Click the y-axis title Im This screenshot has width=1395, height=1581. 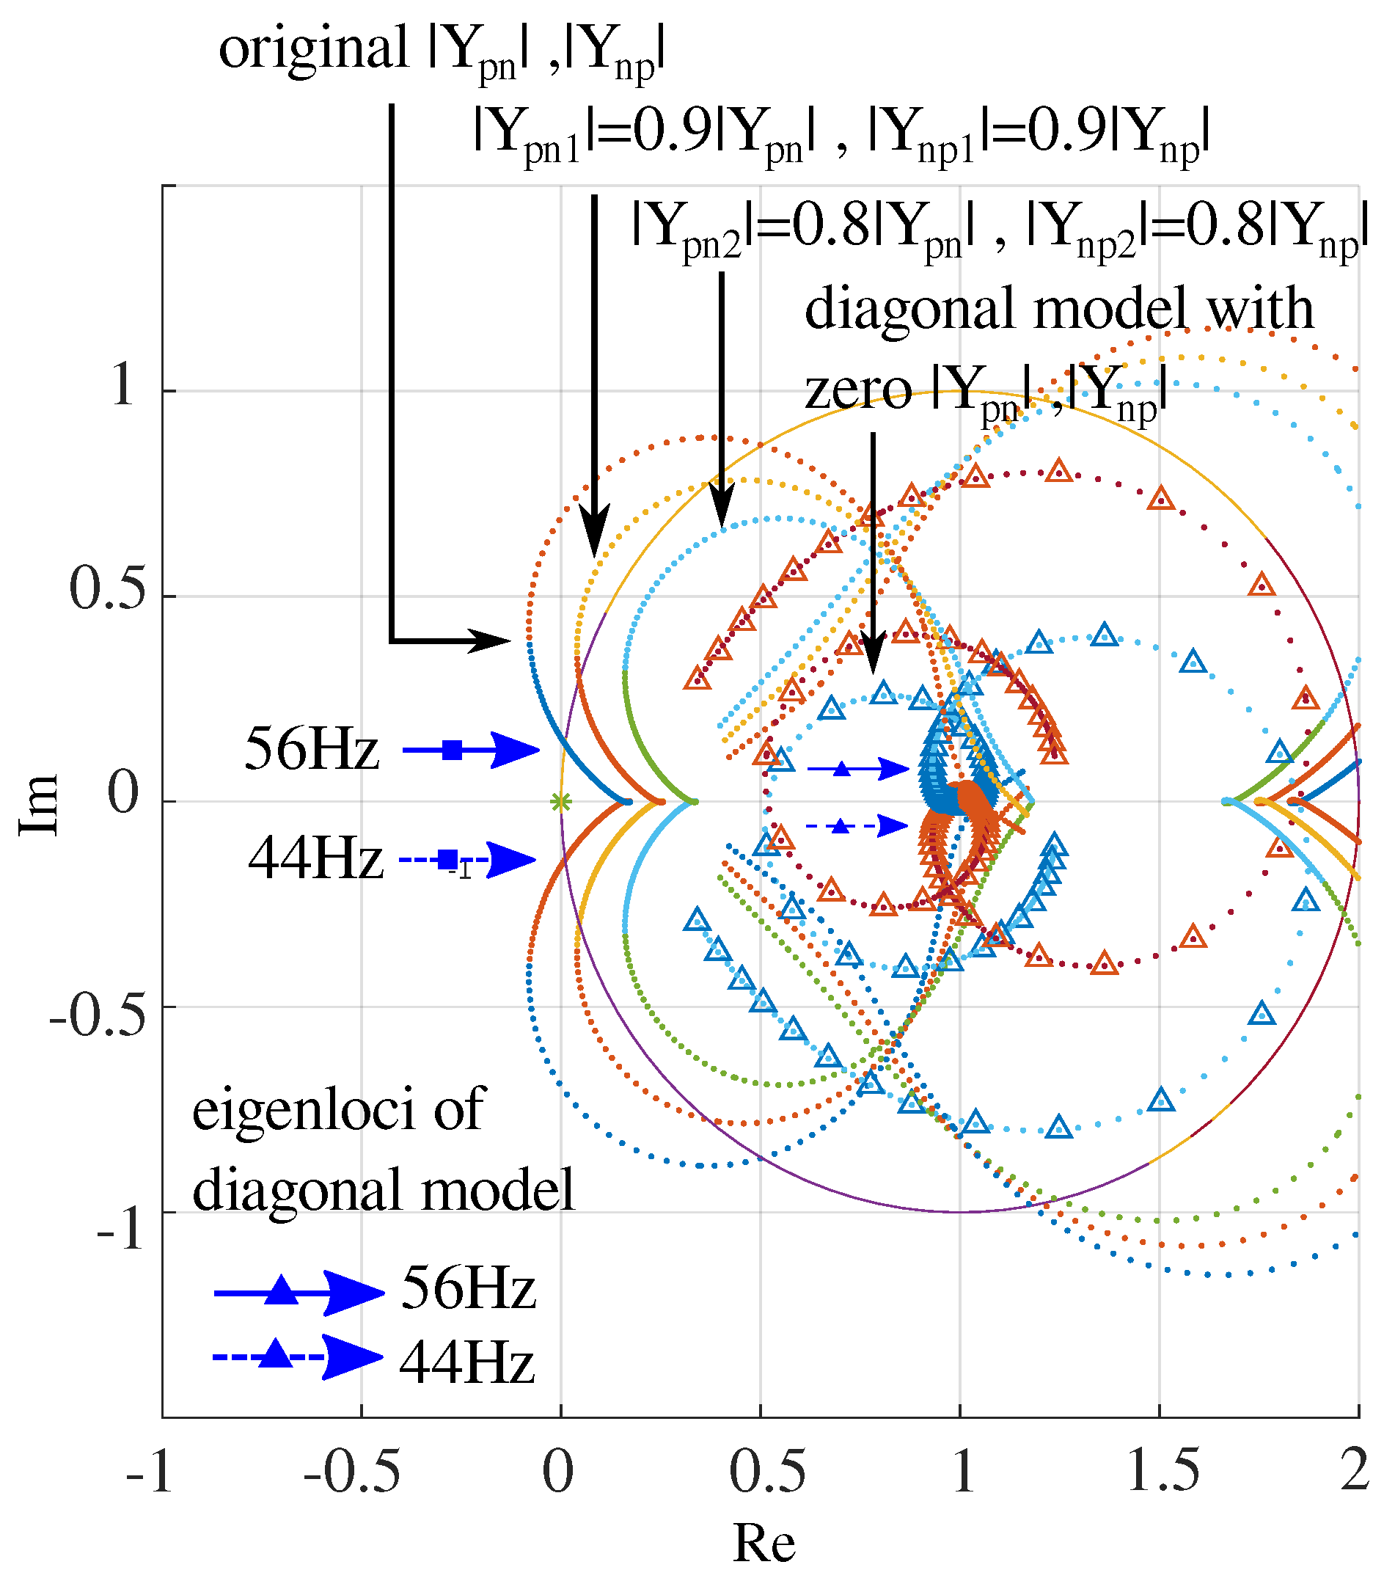[39, 804]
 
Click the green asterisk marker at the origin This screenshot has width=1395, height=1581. [560, 802]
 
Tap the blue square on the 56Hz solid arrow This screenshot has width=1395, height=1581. [453, 750]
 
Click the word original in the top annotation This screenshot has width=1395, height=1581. [313, 48]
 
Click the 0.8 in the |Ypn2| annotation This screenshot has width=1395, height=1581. [830, 226]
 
